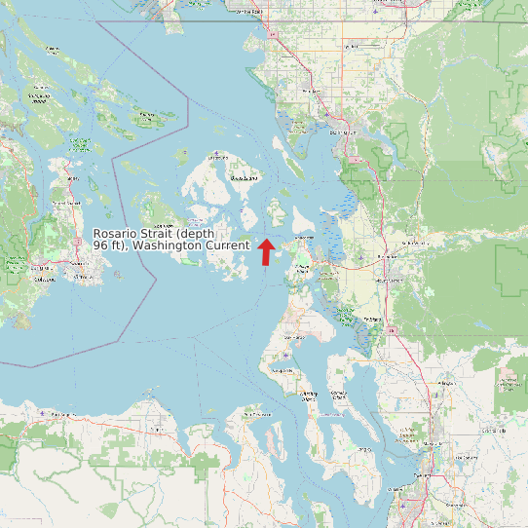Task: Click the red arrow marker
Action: point(266,251)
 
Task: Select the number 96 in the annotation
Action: point(101,246)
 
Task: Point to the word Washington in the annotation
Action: point(168,246)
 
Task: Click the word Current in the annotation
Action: point(227,246)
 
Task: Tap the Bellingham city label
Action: point(341,131)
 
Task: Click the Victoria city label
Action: point(45,279)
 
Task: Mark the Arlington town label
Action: point(447,384)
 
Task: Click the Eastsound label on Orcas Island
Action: point(244,179)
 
